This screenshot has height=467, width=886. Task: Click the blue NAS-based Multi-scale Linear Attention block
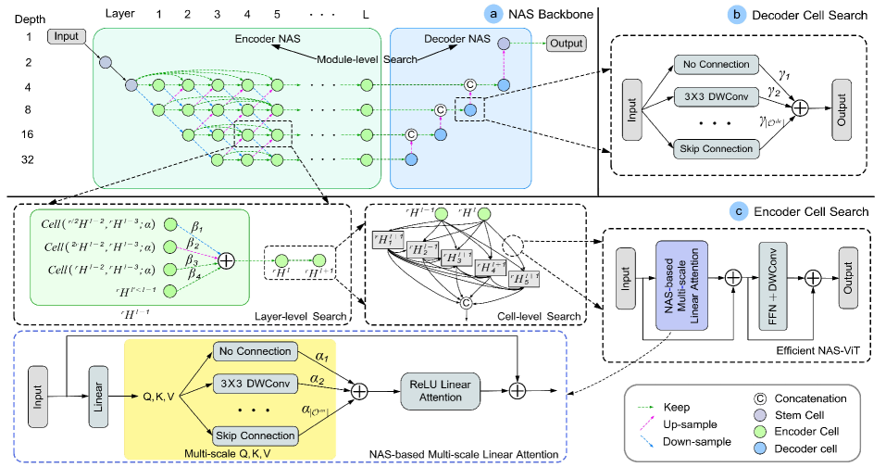coord(682,278)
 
